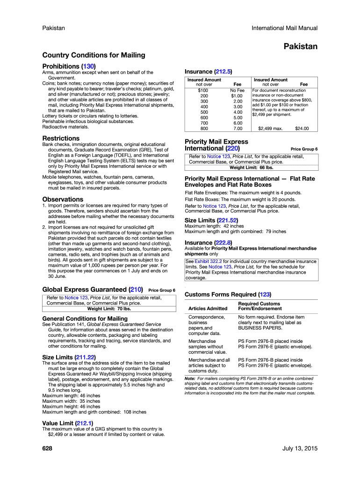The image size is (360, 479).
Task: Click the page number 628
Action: [x=47, y=449]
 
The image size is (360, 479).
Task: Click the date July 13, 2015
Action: [x=300, y=449]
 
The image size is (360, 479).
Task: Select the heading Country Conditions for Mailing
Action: [x=94, y=55]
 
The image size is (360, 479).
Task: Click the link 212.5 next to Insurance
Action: [x=223, y=72]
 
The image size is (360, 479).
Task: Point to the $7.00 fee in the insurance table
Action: [x=238, y=128]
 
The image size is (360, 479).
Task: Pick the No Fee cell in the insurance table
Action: [x=238, y=90]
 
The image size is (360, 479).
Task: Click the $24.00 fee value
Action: [x=302, y=128]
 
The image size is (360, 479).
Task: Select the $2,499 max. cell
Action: [x=270, y=128]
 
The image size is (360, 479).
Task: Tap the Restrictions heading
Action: [x=61, y=138]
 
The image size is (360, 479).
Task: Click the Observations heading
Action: [x=63, y=199]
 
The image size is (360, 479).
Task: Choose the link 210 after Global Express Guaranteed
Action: [x=134, y=290]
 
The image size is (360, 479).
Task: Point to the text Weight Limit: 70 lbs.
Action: [x=108, y=309]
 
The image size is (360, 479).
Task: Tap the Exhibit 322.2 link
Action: [x=204, y=261]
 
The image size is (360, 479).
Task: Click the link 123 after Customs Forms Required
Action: [x=265, y=295]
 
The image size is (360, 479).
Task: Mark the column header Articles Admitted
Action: [x=208, y=309]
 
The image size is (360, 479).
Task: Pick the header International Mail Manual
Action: [x=284, y=28]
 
